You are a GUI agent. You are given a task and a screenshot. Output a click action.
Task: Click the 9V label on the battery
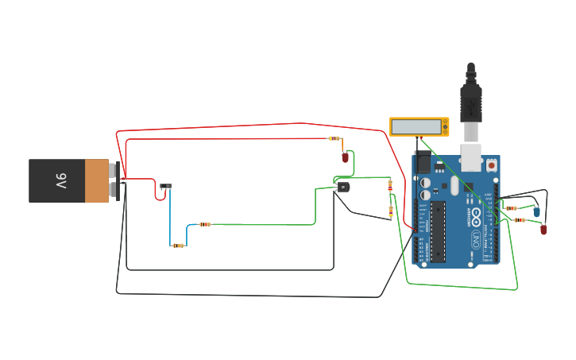61,181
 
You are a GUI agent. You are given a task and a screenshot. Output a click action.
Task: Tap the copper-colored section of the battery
97,180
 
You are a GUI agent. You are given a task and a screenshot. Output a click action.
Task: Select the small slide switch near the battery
165,187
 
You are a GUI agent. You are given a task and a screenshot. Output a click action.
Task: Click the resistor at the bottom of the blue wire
178,246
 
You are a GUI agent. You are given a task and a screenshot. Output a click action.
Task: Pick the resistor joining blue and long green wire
205,224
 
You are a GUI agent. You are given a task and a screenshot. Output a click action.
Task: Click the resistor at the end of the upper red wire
334,138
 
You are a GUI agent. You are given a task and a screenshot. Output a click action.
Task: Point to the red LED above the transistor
345,157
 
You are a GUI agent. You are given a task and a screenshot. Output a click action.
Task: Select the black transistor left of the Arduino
342,187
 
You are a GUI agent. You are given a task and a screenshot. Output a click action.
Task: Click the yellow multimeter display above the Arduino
416,126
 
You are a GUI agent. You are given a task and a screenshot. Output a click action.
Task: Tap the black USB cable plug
471,99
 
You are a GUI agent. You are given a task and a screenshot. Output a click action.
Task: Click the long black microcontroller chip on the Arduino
438,230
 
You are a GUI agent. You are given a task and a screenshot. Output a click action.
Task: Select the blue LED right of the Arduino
536,211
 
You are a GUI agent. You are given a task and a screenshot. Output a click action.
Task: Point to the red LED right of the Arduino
543,229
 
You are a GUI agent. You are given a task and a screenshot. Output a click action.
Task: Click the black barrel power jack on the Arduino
423,163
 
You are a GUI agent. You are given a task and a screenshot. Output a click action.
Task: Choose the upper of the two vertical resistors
389,185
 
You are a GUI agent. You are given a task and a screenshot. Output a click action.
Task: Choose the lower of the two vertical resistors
390,211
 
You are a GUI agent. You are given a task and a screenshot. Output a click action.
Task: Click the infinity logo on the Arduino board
476,214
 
